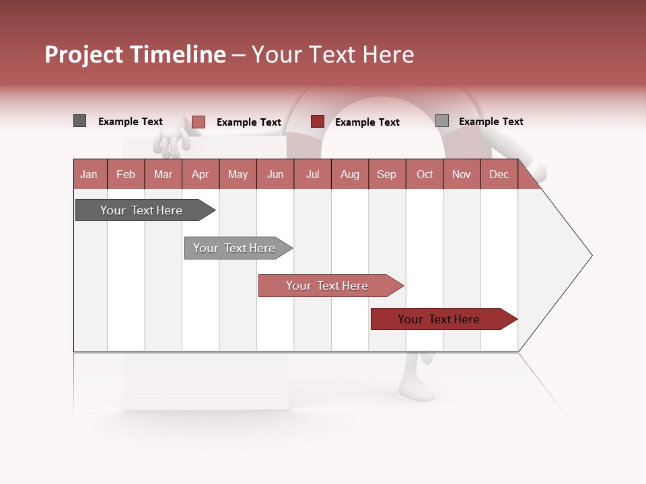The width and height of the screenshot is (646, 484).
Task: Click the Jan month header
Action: point(89,175)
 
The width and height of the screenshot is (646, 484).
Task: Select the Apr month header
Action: point(201,175)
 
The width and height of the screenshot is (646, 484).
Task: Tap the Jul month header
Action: point(312,175)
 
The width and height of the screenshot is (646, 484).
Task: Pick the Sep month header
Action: point(386,175)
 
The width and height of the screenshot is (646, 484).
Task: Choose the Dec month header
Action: point(499,175)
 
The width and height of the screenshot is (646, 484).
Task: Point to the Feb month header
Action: point(126,175)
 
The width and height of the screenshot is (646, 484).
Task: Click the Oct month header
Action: point(425,175)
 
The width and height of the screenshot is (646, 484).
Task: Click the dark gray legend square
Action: point(79,121)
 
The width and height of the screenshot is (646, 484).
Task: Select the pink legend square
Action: point(199,122)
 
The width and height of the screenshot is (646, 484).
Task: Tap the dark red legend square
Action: point(318,122)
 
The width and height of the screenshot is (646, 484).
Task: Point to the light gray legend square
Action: point(441,121)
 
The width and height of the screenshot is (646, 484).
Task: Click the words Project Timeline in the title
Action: point(135,54)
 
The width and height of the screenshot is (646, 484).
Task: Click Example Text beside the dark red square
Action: point(367,122)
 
